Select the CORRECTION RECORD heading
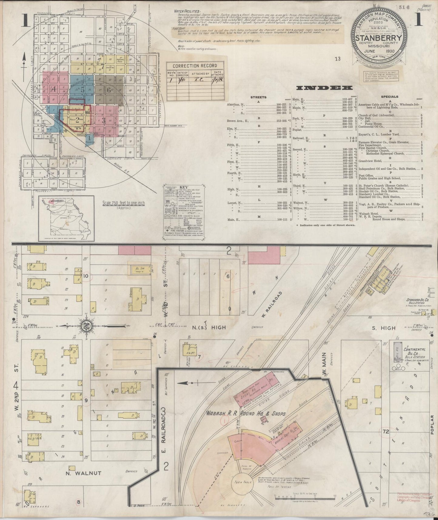(195, 66)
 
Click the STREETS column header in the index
(258, 97)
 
